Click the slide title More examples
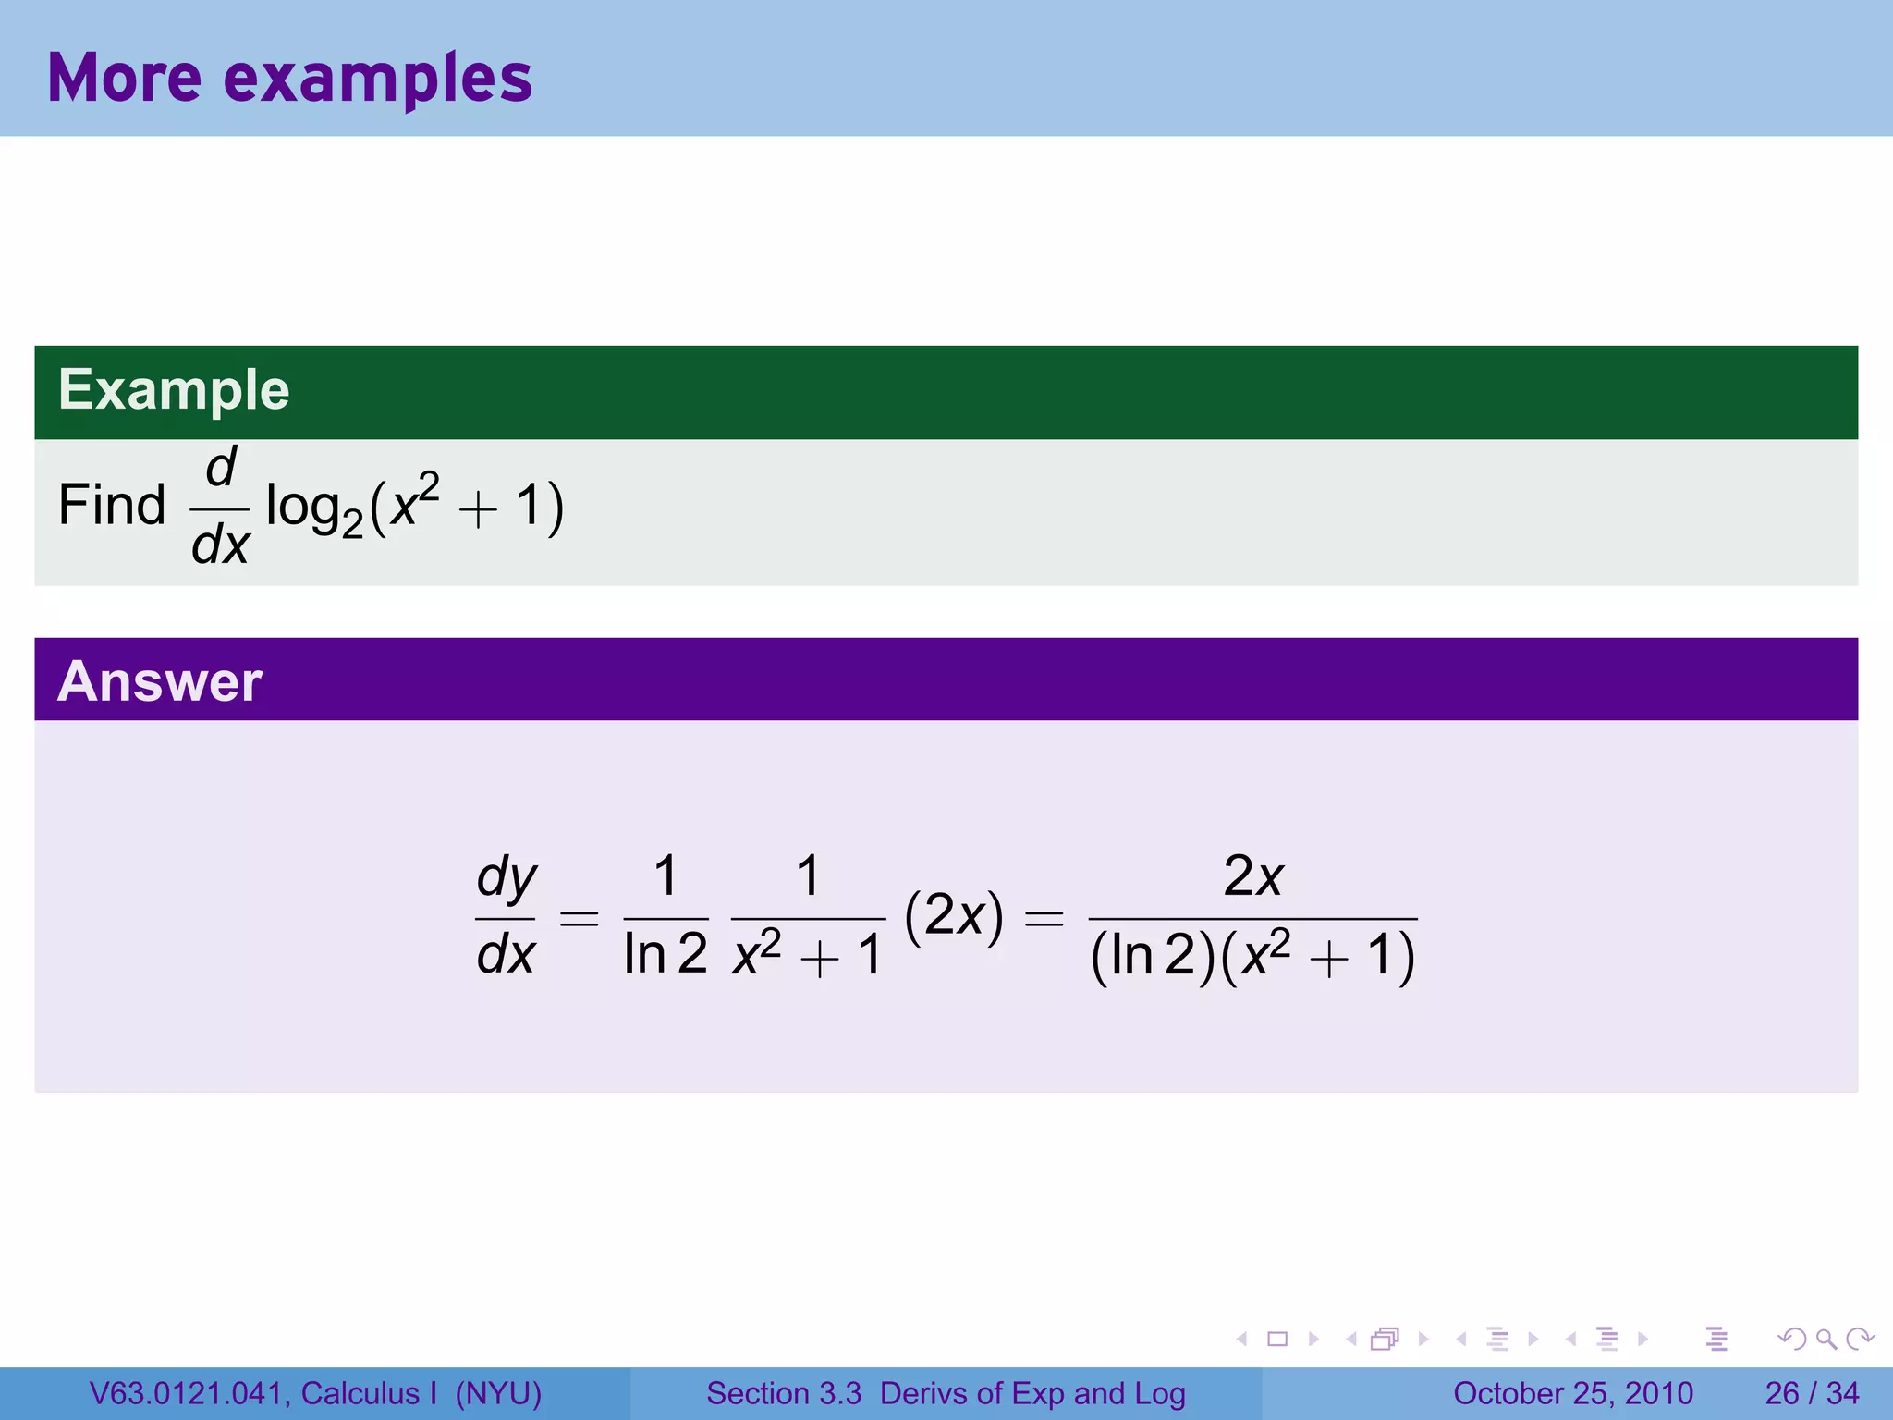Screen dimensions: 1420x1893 click(289, 78)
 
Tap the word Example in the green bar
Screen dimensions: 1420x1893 click(174, 389)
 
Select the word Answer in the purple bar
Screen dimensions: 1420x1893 click(160, 681)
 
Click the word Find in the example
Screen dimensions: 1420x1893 click(112, 505)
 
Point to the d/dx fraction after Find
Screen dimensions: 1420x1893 click(220, 507)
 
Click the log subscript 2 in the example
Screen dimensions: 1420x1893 click(352, 526)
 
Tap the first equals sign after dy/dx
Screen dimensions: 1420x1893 click(580, 918)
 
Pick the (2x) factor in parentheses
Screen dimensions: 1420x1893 click(954, 917)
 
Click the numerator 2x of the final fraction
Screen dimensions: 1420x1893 click(1252, 875)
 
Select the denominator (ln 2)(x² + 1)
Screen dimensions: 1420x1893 click(1252, 956)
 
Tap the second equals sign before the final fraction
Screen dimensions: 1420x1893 click(1044, 918)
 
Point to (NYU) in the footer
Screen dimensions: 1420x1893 click(498, 1393)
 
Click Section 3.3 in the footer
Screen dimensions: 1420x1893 click(784, 1393)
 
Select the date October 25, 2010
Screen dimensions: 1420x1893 click(1573, 1393)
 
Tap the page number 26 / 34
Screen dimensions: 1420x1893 click(1812, 1393)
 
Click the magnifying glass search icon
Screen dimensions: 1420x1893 click(1826, 1339)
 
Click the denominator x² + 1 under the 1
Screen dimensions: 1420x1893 click(808, 956)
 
